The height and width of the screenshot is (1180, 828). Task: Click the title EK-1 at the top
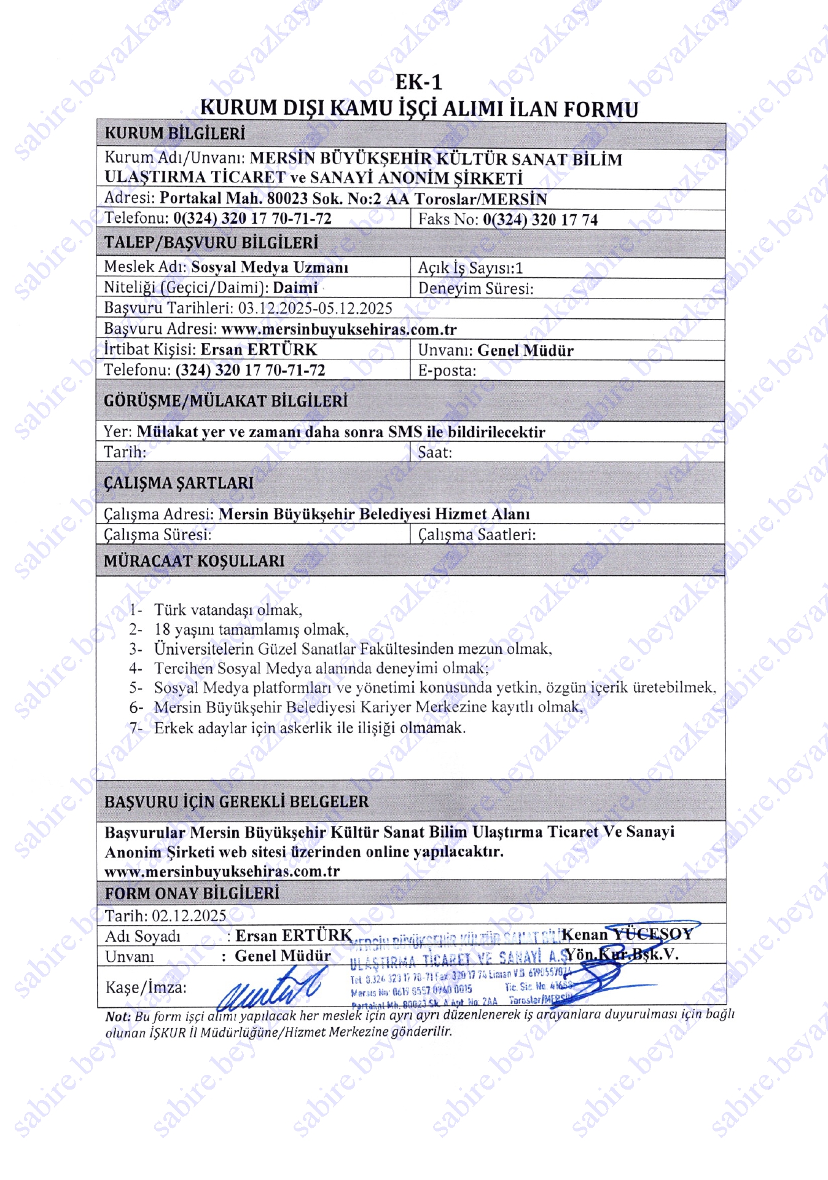[x=418, y=82]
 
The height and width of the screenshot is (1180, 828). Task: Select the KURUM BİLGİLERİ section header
[x=174, y=133]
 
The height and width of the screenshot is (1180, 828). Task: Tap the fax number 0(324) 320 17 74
[x=540, y=219]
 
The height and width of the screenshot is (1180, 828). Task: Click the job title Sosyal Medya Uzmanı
[x=270, y=267]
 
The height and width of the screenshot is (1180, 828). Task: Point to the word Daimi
[x=295, y=288]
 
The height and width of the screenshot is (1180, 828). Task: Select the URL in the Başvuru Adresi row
[x=338, y=329]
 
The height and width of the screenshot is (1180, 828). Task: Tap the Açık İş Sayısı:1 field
[x=470, y=268]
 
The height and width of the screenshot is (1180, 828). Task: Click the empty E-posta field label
[x=447, y=371]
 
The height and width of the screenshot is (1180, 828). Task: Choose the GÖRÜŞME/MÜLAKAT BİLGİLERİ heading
[x=225, y=401]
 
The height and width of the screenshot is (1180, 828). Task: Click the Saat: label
[x=435, y=453]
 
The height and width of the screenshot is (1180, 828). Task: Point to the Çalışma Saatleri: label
[x=477, y=535]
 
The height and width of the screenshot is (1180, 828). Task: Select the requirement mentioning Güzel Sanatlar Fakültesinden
[x=353, y=649]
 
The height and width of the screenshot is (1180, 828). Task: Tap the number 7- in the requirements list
[x=136, y=728]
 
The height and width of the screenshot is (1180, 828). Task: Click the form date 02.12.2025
[x=189, y=916]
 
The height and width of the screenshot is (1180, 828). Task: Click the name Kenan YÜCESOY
[x=628, y=934]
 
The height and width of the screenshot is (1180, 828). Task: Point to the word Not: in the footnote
[x=118, y=1017]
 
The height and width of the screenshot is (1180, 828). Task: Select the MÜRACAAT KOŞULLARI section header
[x=194, y=561]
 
